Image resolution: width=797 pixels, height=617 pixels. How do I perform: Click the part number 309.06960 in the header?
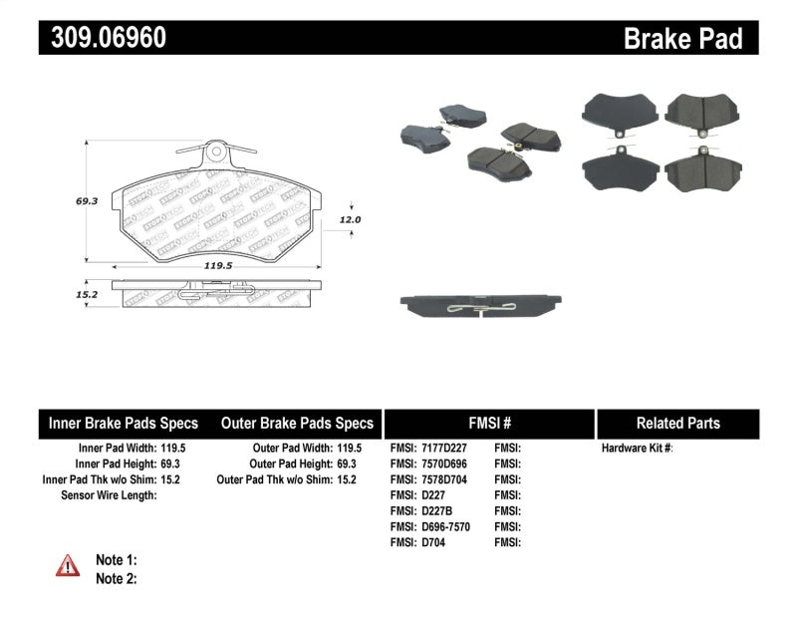click(103, 39)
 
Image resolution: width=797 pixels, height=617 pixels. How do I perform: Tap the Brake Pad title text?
click(682, 39)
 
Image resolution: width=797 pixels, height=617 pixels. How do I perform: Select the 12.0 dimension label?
click(350, 219)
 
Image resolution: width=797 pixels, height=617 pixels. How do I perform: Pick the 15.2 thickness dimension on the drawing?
click(87, 295)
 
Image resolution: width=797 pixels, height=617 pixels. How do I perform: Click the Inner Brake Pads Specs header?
click(124, 423)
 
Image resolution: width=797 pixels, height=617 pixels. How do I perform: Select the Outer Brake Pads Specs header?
click(297, 423)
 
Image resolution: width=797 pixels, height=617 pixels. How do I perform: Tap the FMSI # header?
click(488, 423)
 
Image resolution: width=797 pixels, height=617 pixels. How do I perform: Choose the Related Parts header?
click(677, 423)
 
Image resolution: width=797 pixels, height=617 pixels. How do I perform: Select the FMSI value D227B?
click(434, 510)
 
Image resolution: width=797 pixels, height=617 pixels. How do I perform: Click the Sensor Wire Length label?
click(110, 495)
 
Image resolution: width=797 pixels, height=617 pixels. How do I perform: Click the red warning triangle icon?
click(68, 566)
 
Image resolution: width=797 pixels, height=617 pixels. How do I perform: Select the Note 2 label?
click(116, 578)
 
